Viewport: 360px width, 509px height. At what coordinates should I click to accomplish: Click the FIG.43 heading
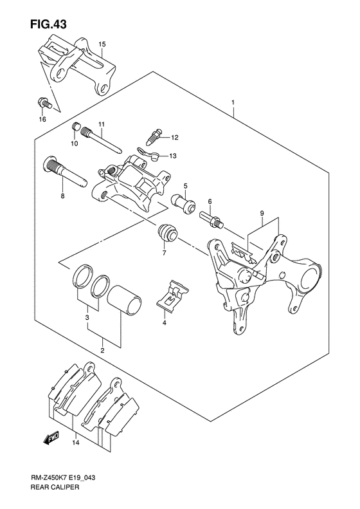(48, 24)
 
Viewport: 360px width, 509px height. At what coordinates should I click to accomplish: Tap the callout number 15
(102, 44)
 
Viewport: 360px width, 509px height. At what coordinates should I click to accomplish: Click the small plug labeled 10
(76, 126)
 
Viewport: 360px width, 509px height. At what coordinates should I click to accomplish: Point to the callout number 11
(102, 124)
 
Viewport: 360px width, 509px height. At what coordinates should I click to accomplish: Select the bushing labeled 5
(183, 203)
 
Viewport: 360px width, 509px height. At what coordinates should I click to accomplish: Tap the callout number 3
(87, 317)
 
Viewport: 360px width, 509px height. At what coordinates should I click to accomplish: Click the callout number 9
(262, 213)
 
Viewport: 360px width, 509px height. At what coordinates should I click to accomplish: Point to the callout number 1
(233, 102)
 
